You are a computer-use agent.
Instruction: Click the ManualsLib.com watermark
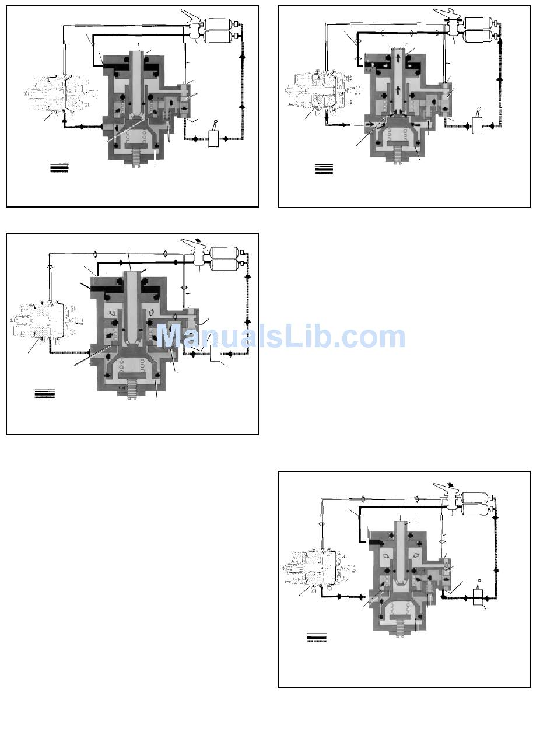coord(280,337)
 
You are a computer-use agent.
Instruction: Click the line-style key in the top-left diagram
coord(59,167)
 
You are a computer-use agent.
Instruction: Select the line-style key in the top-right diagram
coord(324,169)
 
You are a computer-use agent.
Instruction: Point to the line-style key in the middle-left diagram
coord(44,393)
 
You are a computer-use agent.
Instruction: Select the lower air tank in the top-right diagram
coord(481,36)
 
